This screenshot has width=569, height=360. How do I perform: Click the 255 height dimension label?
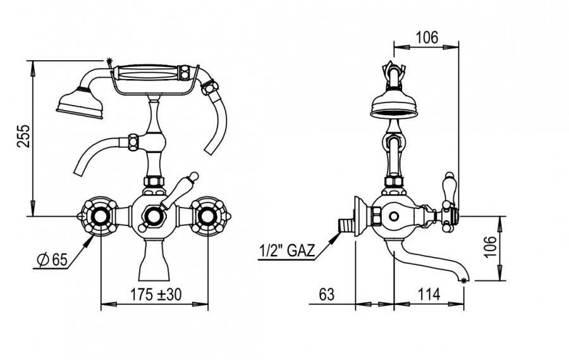(24, 136)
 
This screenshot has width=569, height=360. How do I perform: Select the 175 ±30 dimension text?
(156, 295)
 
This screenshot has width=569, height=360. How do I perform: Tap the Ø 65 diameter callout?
(53, 260)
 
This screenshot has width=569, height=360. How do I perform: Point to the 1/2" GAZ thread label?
(286, 251)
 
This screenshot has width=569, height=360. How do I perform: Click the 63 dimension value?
(327, 294)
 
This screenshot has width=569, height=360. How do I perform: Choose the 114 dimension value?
(429, 294)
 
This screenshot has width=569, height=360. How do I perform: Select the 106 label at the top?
(427, 37)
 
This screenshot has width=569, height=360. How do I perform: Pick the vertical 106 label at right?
(491, 247)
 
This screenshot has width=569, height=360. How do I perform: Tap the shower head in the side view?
(394, 106)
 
